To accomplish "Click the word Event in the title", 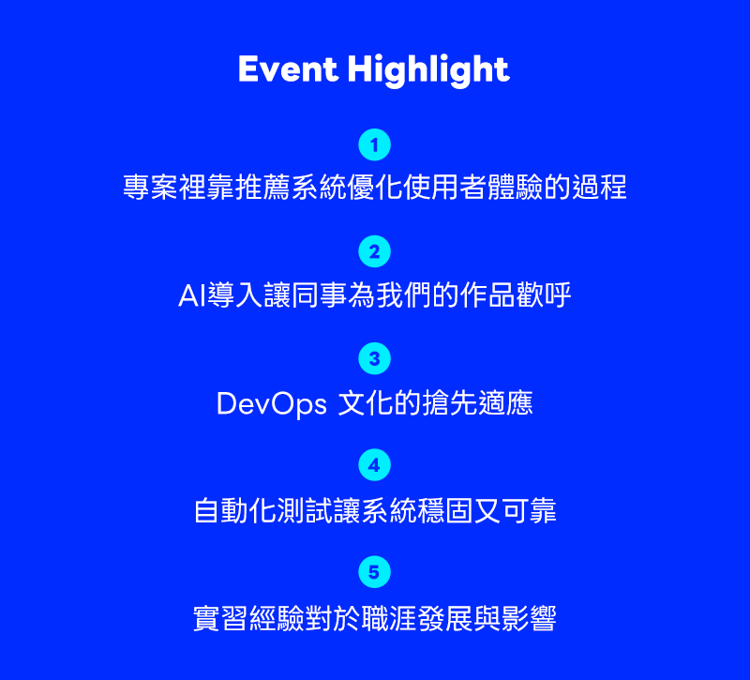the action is pos(288,69).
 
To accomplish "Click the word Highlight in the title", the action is pos(428,71).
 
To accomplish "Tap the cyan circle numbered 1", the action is pos(374,144).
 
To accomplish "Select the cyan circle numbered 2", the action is pos(374,251).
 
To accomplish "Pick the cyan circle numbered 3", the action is pos(374,358).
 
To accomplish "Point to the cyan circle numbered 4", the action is pos(374,464).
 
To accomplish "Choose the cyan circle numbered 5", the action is pos(374,572).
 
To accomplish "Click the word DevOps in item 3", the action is pos(272,404).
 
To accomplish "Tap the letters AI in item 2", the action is pos(192,295).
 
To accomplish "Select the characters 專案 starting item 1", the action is pos(151,187).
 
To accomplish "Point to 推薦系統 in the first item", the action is pos(292,187).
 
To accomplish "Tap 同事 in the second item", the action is pos(319,295).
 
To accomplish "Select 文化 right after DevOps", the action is pos(366,403).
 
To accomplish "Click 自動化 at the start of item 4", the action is pos(235,510).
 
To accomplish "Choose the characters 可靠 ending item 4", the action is pos(529,510).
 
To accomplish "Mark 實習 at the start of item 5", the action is pos(221,618).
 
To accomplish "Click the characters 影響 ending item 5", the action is pos(529,618).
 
